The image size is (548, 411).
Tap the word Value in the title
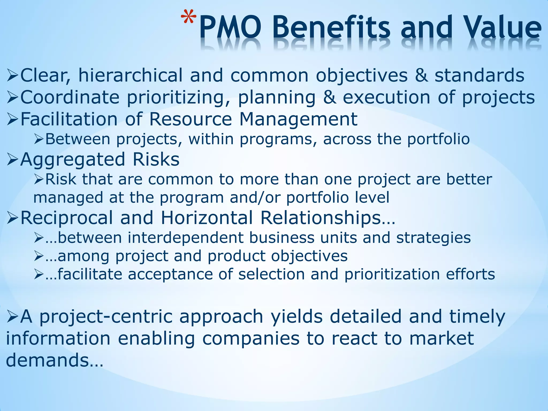point(503,28)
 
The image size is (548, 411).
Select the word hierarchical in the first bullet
point(130,75)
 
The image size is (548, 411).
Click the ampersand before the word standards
point(421,75)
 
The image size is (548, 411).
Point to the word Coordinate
point(70,97)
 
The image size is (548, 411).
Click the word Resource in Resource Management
point(190,119)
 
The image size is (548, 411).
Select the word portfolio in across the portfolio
point(438,139)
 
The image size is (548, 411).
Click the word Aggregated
point(73,159)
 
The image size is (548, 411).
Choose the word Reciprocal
point(67,218)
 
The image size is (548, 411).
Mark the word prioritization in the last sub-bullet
point(392,275)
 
